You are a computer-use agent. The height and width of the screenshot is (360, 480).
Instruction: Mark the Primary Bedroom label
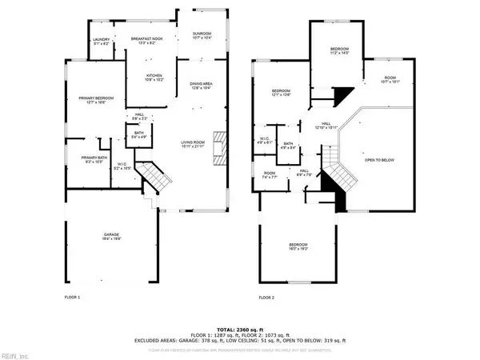click(x=96, y=99)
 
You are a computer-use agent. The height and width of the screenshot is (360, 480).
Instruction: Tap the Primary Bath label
click(x=94, y=159)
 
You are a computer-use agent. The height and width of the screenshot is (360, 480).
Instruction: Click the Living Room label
click(x=193, y=144)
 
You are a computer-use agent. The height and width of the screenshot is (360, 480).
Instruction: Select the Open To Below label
click(x=381, y=159)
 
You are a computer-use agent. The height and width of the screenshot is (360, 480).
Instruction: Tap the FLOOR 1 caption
click(x=73, y=298)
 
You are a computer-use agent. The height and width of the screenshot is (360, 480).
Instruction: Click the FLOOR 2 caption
click(x=266, y=298)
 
